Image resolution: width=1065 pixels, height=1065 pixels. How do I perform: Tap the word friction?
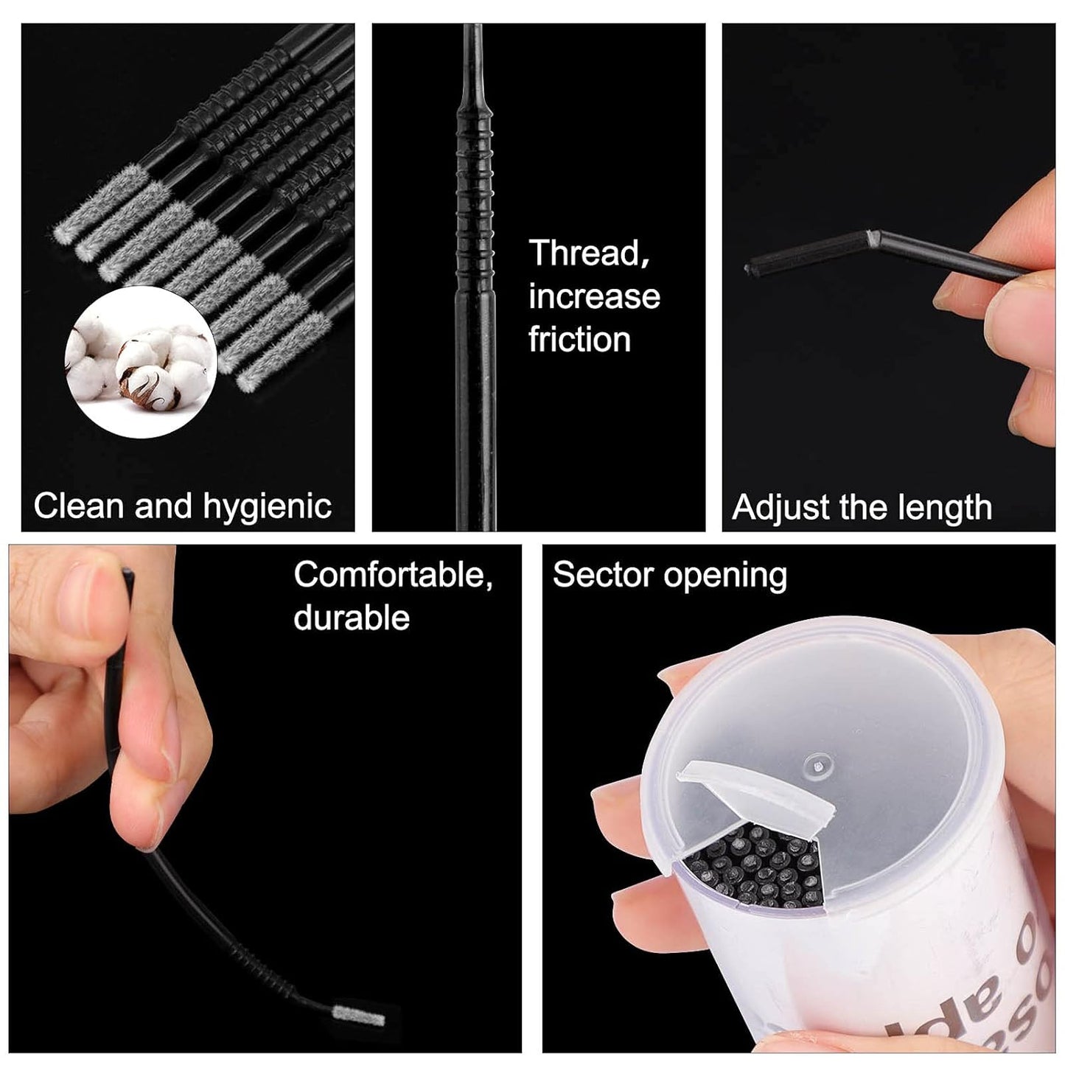click(579, 340)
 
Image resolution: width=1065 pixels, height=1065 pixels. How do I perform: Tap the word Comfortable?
click(393, 575)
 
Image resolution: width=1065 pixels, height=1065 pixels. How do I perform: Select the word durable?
click(352, 618)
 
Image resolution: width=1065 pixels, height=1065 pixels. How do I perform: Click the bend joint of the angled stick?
click(873, 237)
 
